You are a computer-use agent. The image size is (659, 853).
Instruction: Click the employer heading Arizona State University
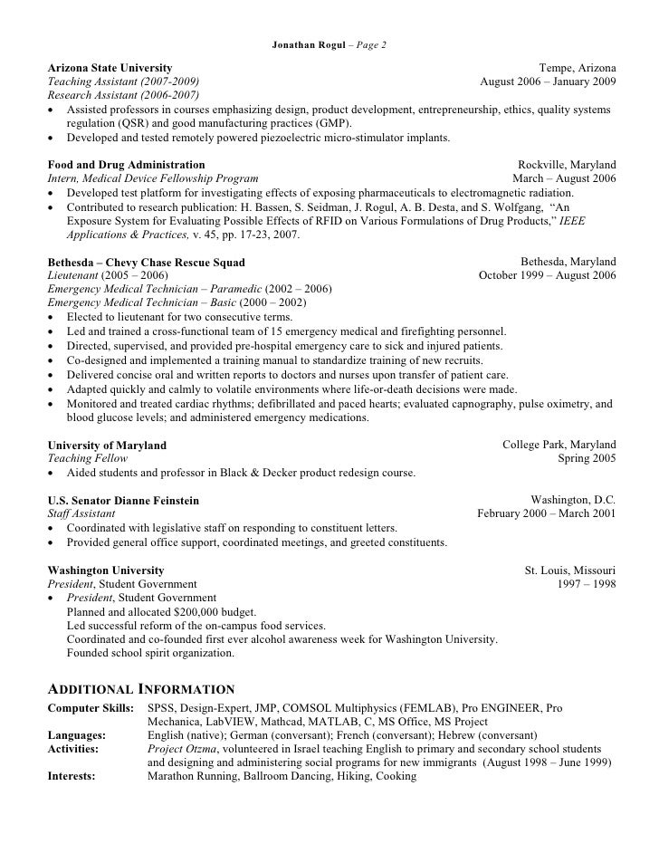tap(110, 68)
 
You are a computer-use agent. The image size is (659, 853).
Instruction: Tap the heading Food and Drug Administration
tap(126, 166)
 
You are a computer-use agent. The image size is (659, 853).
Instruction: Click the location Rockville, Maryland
tap(567, 166)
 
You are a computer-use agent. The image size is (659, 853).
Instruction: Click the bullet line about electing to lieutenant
tap(179, 317)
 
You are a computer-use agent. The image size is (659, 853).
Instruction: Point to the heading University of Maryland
tap(107, 446)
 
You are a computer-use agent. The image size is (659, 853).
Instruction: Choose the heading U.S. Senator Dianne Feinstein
tap(123, 501)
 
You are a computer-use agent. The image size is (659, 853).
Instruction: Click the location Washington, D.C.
tap(573, 501)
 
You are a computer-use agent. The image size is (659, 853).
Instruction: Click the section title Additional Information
tap(141, 689)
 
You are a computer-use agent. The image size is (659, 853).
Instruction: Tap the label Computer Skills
tap(90, 707)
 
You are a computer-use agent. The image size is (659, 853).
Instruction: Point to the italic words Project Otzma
tap(180, 749)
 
